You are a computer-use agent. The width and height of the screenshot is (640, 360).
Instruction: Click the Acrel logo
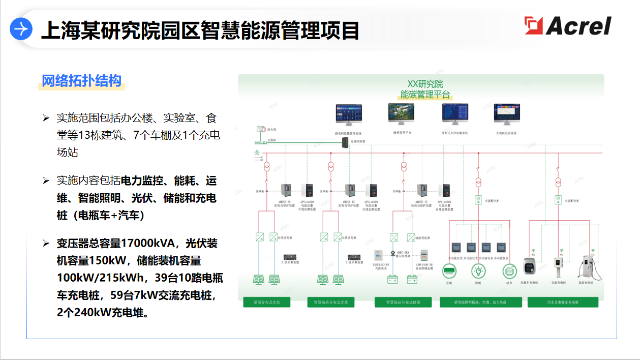click(568, 25)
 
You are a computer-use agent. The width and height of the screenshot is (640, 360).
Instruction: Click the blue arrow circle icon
click(21, 29)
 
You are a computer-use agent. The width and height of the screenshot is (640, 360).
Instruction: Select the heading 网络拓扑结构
click(81, 81)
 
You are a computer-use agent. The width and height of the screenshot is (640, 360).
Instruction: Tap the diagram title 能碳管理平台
click(425, 94)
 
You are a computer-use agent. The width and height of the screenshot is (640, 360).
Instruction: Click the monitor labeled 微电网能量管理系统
click(348, 115)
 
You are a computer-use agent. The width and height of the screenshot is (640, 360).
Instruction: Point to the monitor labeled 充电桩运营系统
click(506, 115)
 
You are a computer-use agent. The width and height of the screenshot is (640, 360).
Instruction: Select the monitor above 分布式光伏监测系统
click(454, 115)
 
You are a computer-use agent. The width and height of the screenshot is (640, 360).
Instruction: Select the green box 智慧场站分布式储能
click(403, 303)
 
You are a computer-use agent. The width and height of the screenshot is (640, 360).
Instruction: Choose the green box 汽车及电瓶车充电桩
click(563, 303)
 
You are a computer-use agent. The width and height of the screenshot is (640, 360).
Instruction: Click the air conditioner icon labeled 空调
click(449, 271)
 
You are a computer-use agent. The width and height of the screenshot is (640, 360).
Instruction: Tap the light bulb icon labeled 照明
click(478, 271)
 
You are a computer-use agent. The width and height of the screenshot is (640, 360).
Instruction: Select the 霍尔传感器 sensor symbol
click(392, 253)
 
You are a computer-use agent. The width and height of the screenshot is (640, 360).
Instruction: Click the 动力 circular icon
click(509, 271)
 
